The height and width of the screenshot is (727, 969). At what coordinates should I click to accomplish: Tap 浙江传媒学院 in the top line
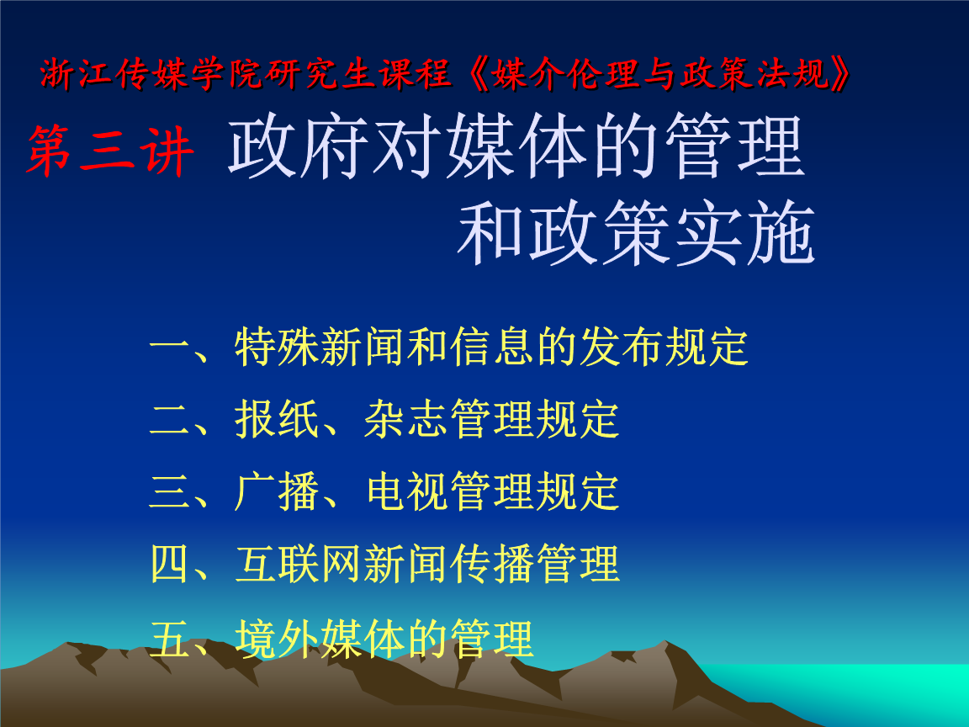pyautogui.click(x=125, y=77)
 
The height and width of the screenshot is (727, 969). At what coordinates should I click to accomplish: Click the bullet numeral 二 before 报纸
pyautogui.click(x=171, y=420)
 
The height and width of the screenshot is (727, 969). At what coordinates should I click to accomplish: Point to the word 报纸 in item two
pyautogui.click(x=277, y=420)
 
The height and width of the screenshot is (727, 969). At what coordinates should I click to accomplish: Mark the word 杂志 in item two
pyautogui.click(x=406, y=420)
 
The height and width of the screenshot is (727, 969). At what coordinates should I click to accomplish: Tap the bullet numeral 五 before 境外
pyautogui.click(x=171, y=638)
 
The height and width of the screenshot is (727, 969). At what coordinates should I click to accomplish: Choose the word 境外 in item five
pyautogui.click(x=277, y=638)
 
